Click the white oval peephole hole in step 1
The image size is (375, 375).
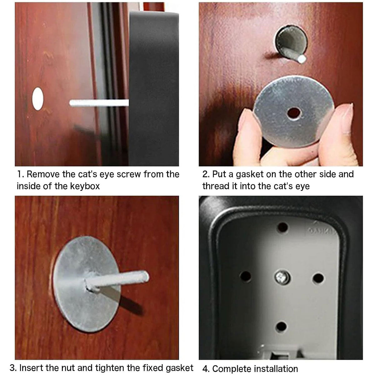[38, 99]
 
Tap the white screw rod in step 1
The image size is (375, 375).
[99, 103]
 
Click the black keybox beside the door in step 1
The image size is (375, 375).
[154, 88]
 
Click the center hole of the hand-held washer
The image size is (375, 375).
[294, 113]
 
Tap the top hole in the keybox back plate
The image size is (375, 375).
[282, 227]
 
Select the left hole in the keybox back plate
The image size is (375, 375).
[245, 276]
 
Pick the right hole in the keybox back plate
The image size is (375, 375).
[318, 278]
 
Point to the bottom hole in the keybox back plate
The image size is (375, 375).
[281, 327]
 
